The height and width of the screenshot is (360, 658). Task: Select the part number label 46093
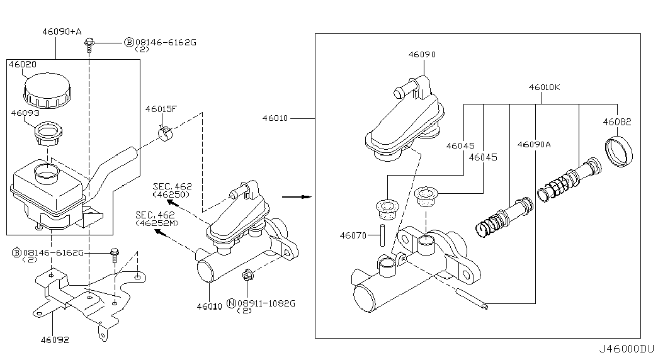(25, 113)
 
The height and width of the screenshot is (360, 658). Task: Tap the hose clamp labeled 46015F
(165, 133)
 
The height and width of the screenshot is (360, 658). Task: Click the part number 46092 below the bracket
(55, 340)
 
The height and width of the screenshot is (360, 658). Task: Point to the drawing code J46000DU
(626, 349)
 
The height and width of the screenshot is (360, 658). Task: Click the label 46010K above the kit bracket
(544, 87)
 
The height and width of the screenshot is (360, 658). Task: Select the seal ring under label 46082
(619, 151)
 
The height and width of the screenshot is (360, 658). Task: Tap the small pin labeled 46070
(382, 235)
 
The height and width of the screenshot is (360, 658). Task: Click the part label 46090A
(534, 144)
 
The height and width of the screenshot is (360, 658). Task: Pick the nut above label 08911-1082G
(247, 276)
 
